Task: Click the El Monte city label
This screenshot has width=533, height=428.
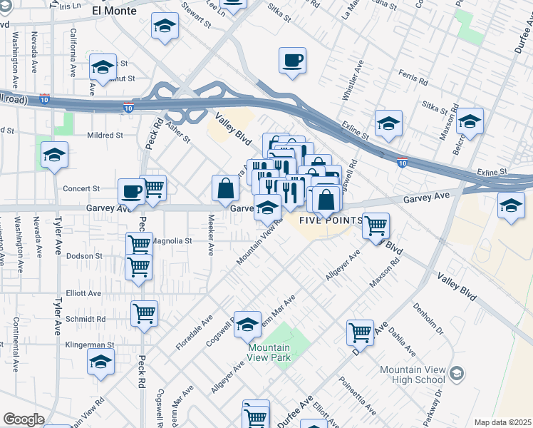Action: point(118,11)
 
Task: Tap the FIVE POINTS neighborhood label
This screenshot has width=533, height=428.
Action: point(329,220)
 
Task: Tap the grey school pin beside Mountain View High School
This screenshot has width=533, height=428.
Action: point(456,372)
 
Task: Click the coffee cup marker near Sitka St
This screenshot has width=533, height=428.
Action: point(291,61)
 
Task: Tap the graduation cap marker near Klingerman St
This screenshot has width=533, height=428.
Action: point(101,362)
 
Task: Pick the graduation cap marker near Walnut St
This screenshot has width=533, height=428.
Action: point(103,68)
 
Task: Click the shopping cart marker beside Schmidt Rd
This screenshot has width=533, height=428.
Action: point(145,313)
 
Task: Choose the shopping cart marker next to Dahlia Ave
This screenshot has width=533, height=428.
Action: point(361,332)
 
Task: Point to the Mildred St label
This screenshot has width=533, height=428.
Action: point(105,135)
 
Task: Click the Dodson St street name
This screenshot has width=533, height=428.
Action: point(84,255)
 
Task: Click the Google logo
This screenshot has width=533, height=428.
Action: point(24,419)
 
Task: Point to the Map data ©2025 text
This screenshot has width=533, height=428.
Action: point(502,422)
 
